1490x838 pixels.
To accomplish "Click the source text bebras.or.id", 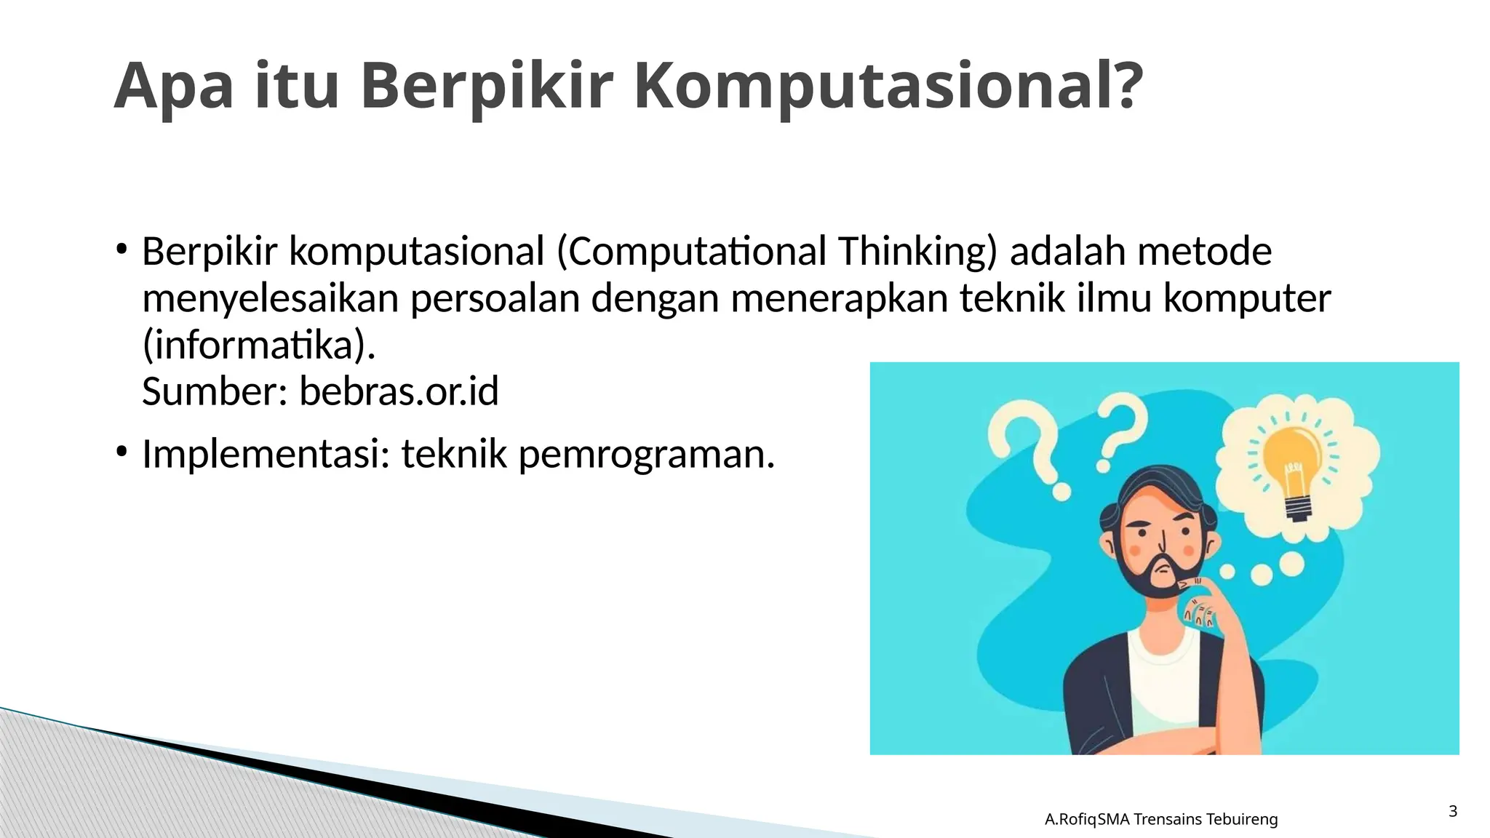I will [x=399, y=391].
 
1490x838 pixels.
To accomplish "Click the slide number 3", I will [x=1453, y=811].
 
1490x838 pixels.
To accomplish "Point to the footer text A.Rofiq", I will [x=1069, y=820].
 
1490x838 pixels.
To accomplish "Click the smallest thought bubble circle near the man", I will [x=1227, y=572].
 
